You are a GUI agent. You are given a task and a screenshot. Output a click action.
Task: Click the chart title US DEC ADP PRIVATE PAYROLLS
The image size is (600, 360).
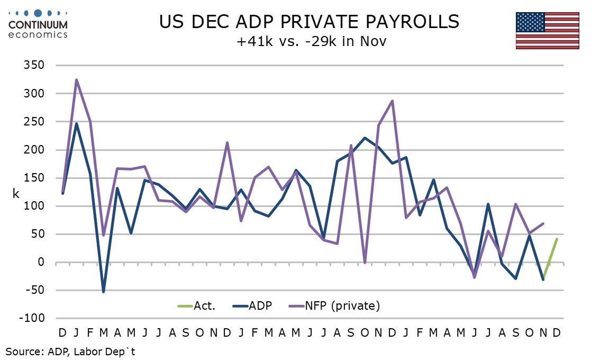pyautogui.click(x=310, y=22)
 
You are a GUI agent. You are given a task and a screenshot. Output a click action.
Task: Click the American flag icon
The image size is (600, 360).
pyautogui.click(x=548, y=30)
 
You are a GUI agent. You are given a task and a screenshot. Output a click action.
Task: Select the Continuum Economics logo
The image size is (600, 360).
pyautogui.click(x=38, y=23)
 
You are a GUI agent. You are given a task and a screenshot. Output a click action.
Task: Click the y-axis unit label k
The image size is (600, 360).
pyautogui.click(x=16, y=194)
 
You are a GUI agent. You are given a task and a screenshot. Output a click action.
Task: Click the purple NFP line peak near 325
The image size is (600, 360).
pyautogui.click(x=76, y=80)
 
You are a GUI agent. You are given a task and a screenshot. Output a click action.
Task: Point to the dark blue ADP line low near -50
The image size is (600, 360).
pyautogui.click(x=104, y=291)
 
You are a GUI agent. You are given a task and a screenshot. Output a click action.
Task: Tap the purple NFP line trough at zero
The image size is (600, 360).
pyautogui.click(x=365, y=262)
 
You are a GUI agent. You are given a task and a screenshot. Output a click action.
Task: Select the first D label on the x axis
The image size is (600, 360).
pyautogui.click(x=62, y=333)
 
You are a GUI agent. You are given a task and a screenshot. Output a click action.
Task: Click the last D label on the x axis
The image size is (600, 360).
pyautogui.click(x=557, y=333)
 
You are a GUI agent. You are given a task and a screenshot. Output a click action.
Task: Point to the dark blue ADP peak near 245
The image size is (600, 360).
pyautogui.click(x=76, y=124)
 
